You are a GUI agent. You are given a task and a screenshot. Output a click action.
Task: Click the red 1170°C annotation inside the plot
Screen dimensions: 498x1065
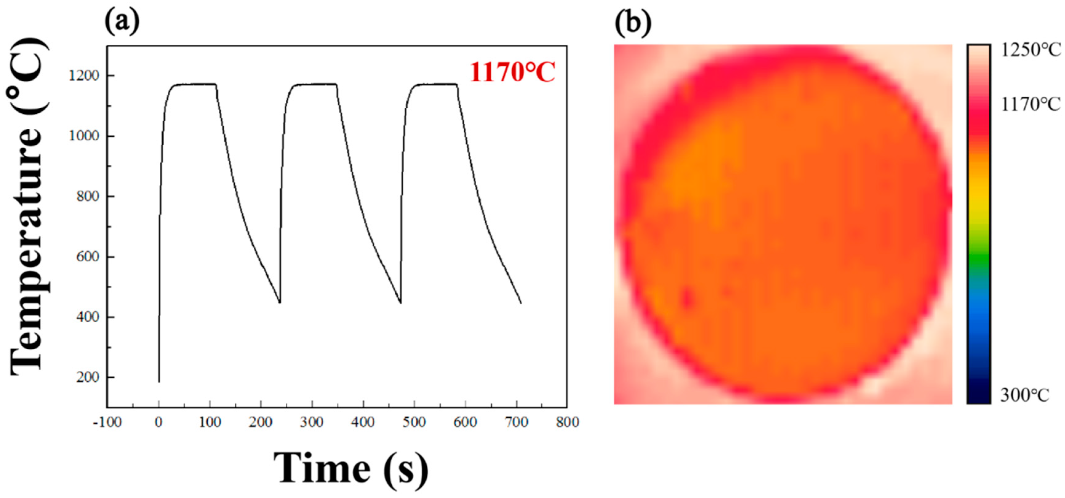click(x=512, y=73)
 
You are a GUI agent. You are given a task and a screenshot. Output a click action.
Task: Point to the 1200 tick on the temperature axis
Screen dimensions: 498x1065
click(x=84, y=76)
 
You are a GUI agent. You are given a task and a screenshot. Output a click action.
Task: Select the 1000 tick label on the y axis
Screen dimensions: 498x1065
click(x=84, y=136)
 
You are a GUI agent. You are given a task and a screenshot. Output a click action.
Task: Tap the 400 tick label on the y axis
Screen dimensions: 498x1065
click(x=88, y=317)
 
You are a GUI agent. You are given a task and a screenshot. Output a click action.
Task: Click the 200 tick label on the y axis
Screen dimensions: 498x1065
click(x=88, y=378)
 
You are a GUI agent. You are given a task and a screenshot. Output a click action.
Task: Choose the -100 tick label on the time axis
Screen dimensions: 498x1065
click(x=107, y=422)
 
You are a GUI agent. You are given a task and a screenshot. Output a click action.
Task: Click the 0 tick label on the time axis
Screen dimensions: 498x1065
click(x=159, y=422)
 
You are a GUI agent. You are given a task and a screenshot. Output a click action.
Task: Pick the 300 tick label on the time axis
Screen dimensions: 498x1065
click(x=312, y=422)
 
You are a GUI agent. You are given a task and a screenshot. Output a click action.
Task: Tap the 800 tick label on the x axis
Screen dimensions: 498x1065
click(x=567, y=422)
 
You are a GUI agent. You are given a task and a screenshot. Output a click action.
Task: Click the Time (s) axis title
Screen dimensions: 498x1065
click(x=351, y=469)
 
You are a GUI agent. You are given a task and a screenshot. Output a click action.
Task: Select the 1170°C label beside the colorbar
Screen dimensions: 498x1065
click(x=1031, y=105)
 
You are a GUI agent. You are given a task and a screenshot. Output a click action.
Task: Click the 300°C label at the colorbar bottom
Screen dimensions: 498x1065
click(x=1024, y=396)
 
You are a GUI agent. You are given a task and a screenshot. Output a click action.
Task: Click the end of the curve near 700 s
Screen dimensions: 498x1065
click(x=521, y=303)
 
